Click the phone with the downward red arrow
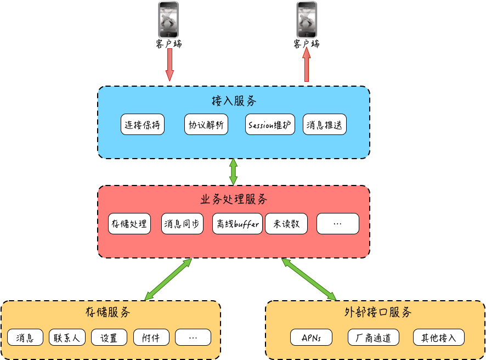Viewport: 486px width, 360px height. coord(169,20)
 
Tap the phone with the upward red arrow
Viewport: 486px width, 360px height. coord(307,20)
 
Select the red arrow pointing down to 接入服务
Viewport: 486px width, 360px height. coord(169,64)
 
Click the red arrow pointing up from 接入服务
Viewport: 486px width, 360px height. coord(307,64)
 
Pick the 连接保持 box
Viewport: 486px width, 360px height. coord(143,125)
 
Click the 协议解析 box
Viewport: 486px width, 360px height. coord(206,125)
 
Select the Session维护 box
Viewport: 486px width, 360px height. coord(270,125)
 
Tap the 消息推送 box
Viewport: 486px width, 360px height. coord(325,125)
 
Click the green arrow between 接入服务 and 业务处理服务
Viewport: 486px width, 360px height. coord(234,172)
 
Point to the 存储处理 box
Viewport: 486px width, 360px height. coord(129,224)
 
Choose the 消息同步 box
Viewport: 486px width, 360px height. coord(183,224)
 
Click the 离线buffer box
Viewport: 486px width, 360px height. coord(238,224)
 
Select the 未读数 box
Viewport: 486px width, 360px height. coord(286,224)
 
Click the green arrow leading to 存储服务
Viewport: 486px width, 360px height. coord(168,279)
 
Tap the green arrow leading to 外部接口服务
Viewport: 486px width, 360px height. coord(309,279)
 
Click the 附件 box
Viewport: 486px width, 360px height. coord(151,337)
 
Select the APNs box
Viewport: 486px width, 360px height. coord(312,337)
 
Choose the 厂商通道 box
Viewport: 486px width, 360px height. coord(373,337)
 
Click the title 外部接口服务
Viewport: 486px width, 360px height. coord(378,313)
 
